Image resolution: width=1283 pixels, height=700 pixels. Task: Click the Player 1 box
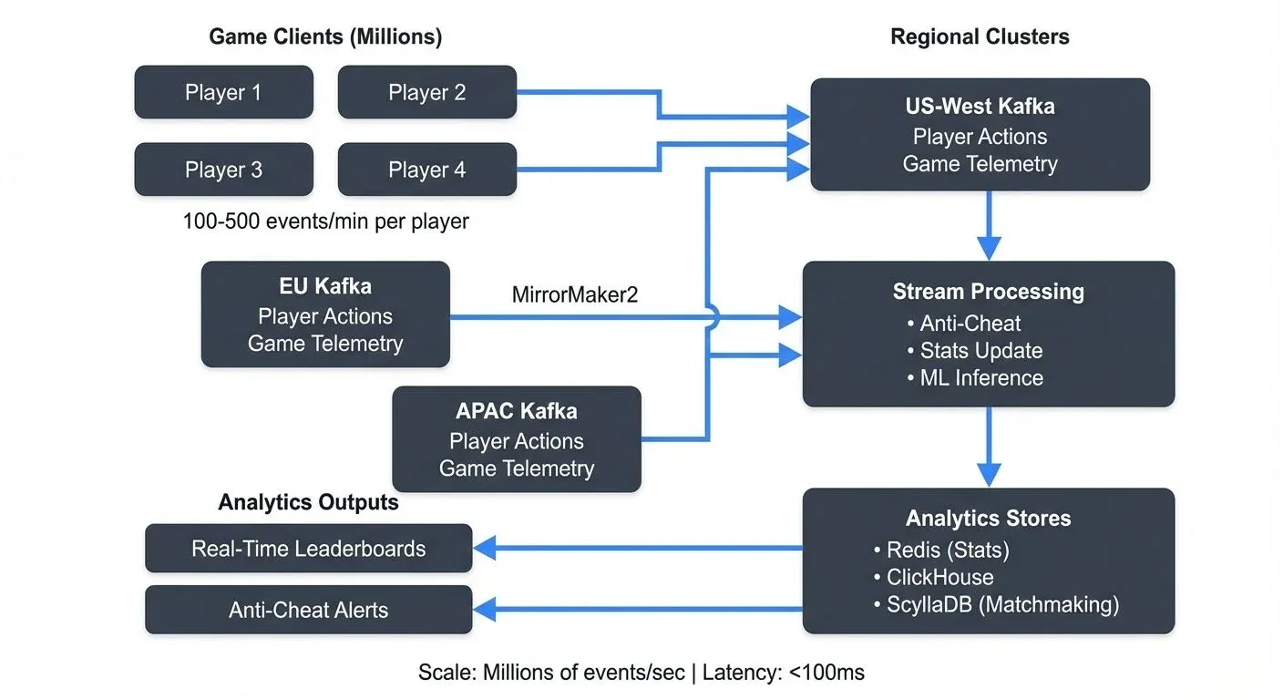click(x=223, y=92)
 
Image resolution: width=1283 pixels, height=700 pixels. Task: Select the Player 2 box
click(x=426, y=92)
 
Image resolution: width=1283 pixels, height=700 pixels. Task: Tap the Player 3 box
click(x=223, y=170)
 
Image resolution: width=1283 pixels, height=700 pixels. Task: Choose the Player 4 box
click(x=426, y=170)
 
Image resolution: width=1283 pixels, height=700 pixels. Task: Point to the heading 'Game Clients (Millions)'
click(x=325, y=36)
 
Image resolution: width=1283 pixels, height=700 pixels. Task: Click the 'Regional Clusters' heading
click(x=980, y=36)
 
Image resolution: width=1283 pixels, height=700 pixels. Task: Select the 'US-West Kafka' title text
click(x=980, y=107)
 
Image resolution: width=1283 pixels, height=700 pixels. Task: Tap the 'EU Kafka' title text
click(x=325, y=286)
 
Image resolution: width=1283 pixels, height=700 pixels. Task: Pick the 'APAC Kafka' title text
click(x=517, y=411)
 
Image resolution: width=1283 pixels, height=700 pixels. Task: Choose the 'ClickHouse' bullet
click(x=939, y=577)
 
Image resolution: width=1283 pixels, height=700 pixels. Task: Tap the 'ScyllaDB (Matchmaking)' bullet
click(x=1001, y=604)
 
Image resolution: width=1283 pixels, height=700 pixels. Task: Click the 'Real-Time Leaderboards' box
click(x=308, y=549)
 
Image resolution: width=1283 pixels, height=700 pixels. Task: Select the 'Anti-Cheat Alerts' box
click(x=308, y=610)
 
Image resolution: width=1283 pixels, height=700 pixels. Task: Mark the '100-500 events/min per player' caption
click(x=325, y=221)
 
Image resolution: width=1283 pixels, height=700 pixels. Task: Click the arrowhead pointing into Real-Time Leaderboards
click(x=484, y=549)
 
